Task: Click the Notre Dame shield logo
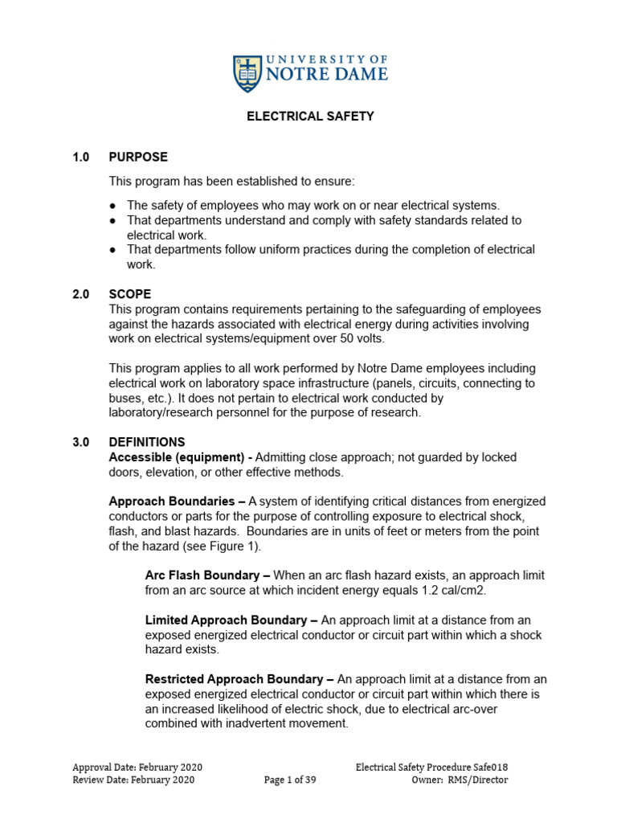point(247,73)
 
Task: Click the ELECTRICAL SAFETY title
point(309,117)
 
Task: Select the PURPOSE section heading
point(138,158)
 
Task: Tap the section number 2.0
point(80,295)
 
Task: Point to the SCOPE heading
point(130,295)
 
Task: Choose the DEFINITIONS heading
point(147,442)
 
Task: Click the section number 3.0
point(80,442)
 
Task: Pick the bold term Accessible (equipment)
point(175,457)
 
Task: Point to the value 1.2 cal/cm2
point(455,590)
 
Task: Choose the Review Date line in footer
point(133,780)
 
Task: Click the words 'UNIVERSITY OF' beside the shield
point(326,60)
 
